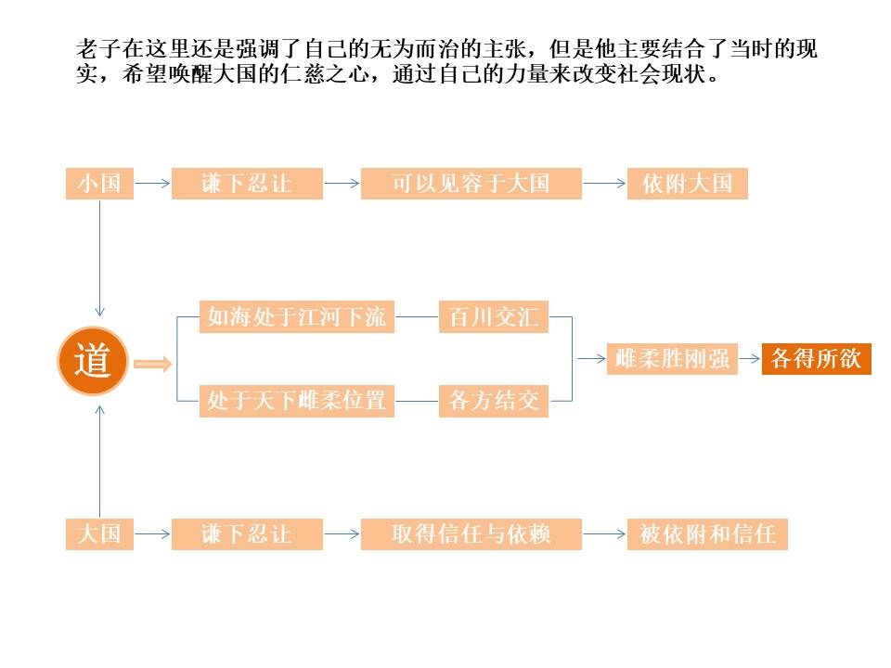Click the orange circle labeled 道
coord(93,361)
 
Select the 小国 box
coord(99,184)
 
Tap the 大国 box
coord(99,534)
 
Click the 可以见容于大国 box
coord(471,184)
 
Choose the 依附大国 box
coord(687,184)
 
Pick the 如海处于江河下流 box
coord(297,317)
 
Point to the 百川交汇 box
coord(493,317)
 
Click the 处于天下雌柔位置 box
coord(297,402)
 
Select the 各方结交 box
coord(493,402)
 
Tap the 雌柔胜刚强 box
coord(673,359)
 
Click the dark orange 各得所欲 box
coord(817,359)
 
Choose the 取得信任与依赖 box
coord(471,534)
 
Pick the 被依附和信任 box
coord(707,534)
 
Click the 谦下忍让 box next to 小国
coord(246,184)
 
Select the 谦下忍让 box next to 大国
coord(246,534)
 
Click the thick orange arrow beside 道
coord(153,364)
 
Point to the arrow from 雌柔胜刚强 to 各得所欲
coord(749,359)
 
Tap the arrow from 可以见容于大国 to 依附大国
coord(604,184)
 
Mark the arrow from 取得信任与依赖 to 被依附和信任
coord(604,534)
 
